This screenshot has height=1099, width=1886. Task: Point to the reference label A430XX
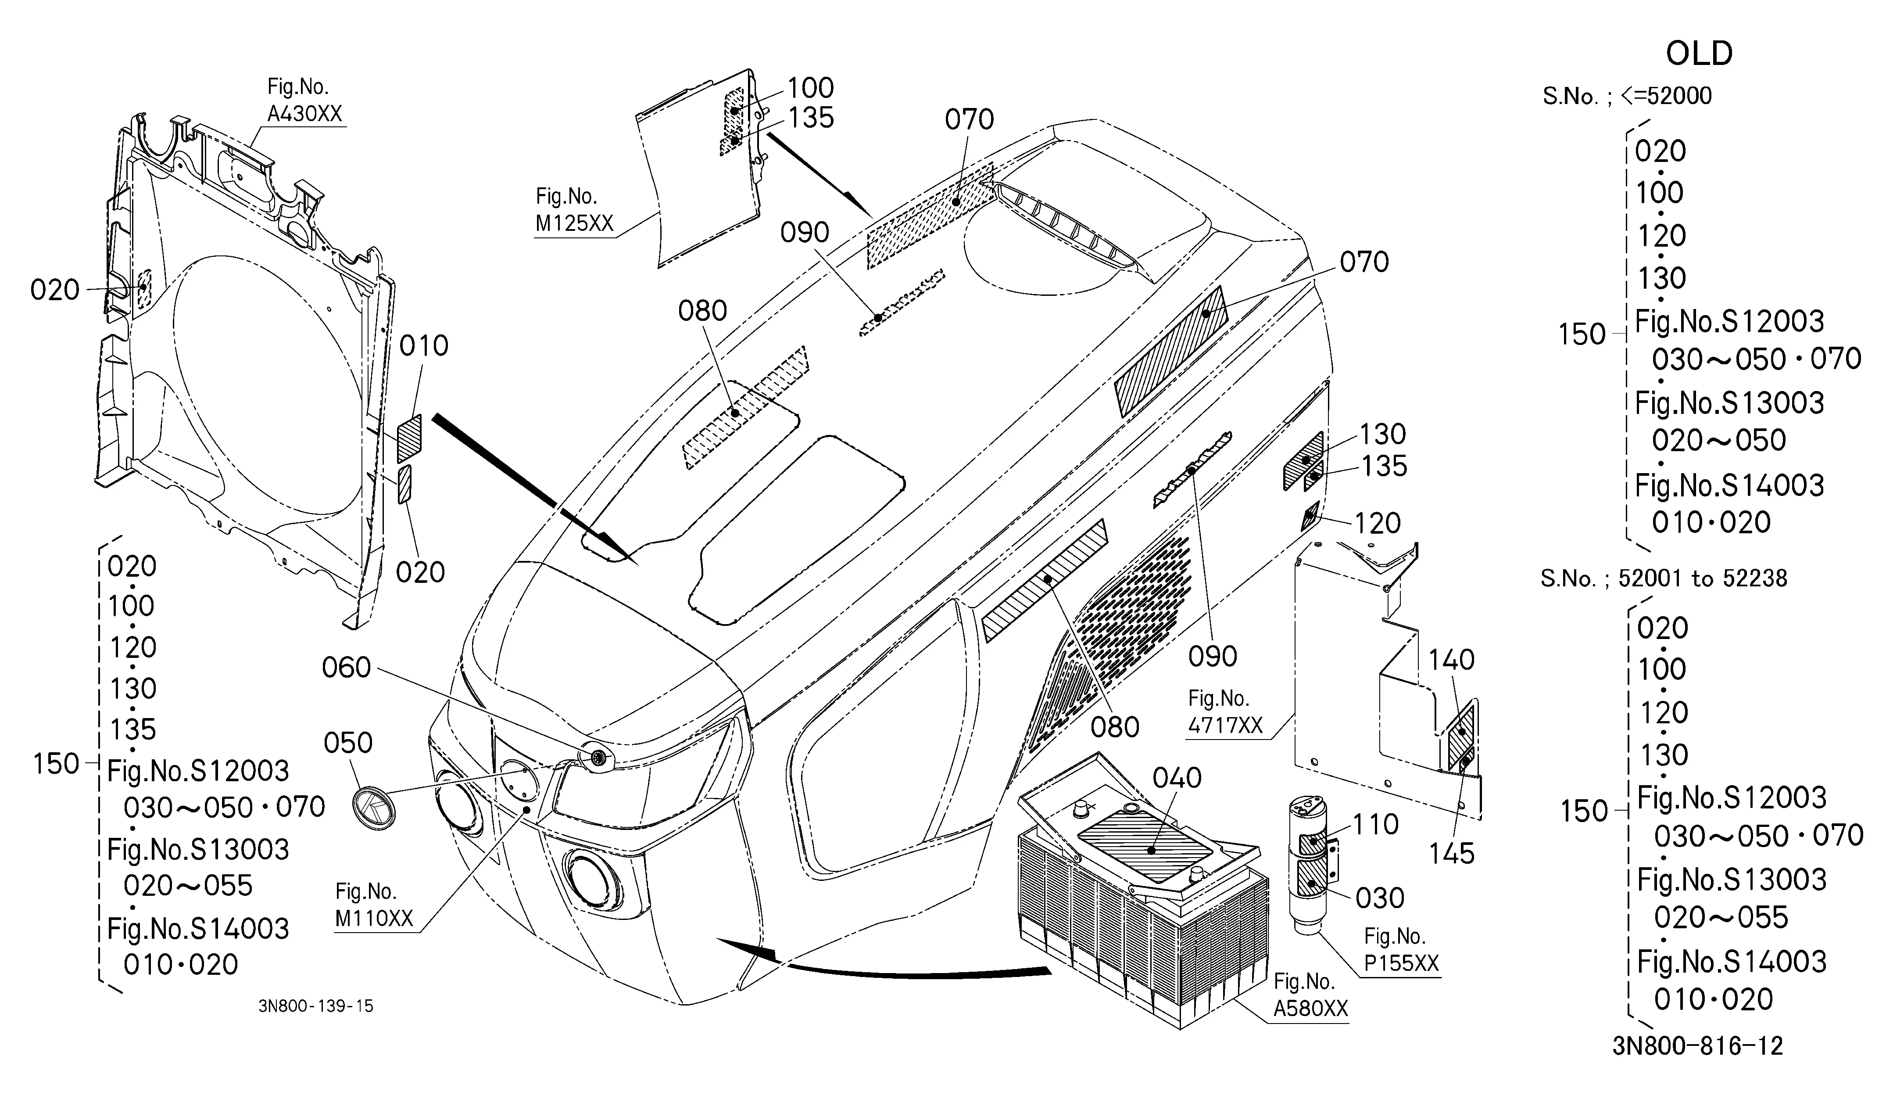[x=304, y=114]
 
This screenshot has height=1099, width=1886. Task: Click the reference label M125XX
[x=574, y=223]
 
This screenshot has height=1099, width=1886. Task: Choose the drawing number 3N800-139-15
[x=316, y=1006]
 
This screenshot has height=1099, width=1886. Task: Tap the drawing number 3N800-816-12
[x=1697, y=1046]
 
